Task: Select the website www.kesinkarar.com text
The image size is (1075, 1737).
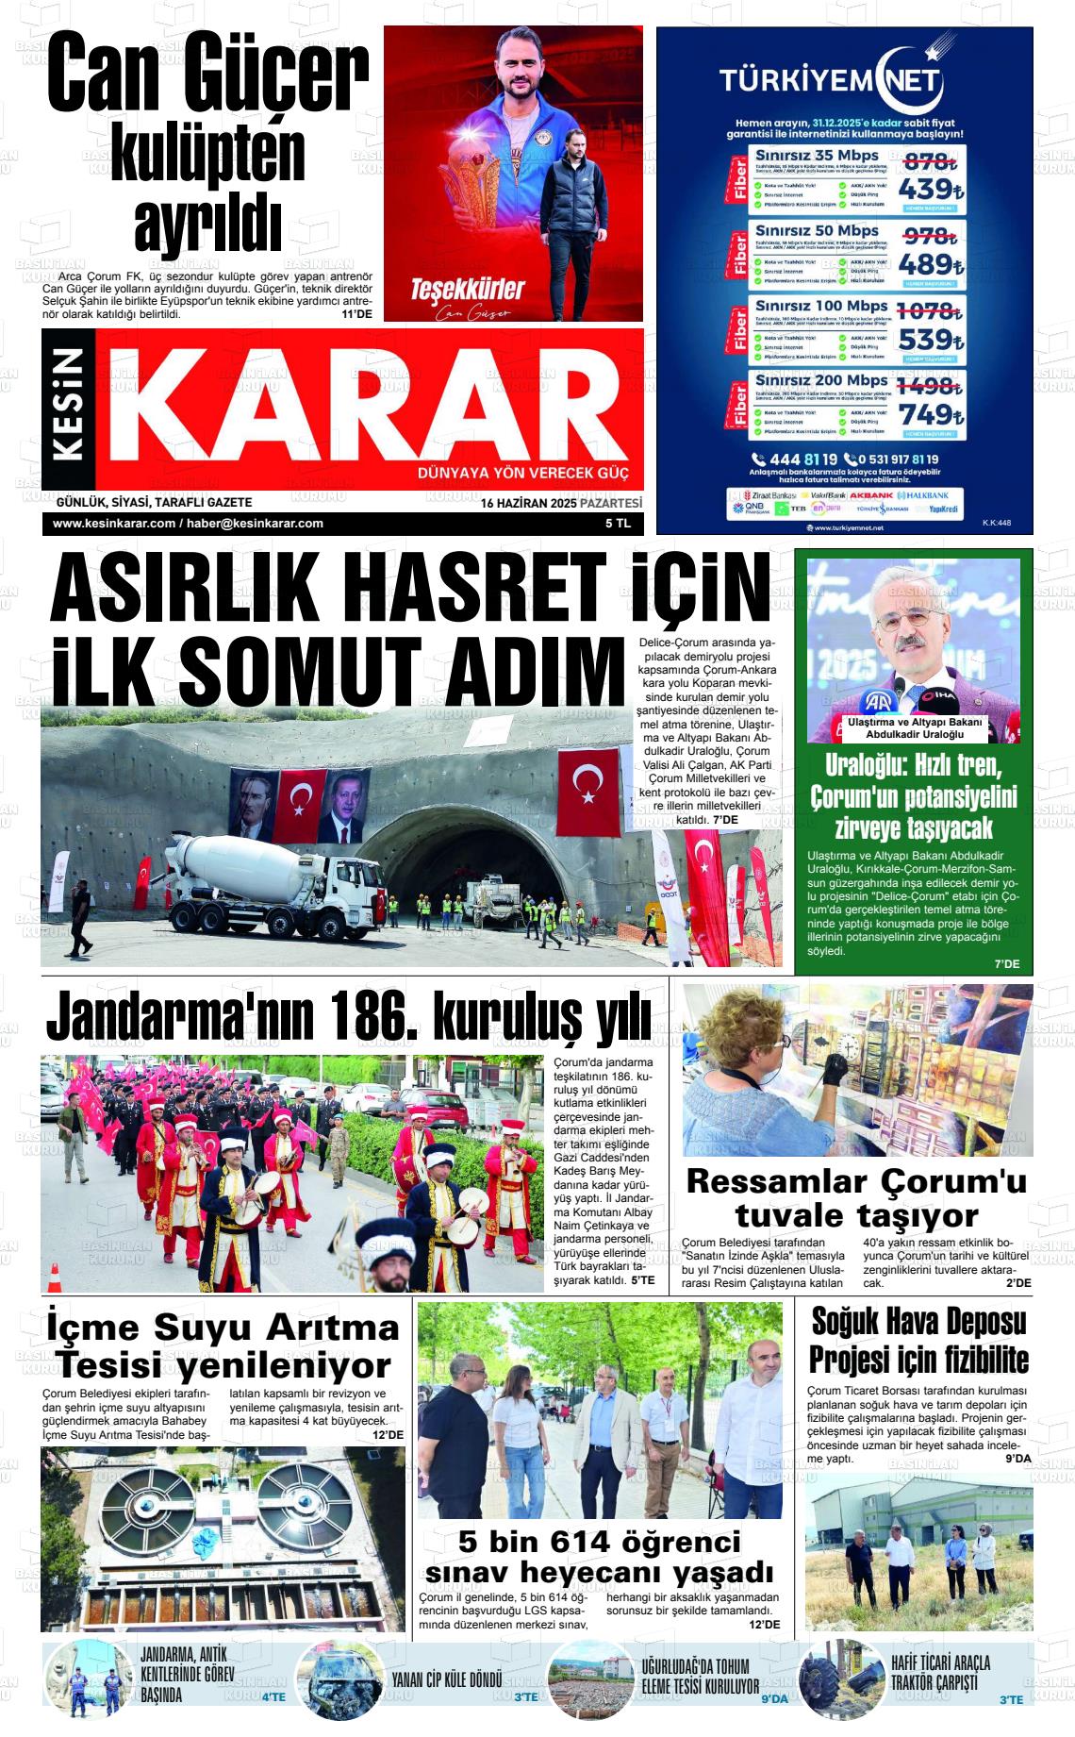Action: point(114,524)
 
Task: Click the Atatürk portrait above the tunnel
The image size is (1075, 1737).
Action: point(253,807)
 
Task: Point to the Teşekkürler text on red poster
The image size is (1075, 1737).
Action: point(466,289)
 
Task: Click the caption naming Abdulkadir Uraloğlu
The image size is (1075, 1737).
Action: point(913,728)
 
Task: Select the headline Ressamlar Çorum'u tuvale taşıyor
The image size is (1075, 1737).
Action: point(856,1197)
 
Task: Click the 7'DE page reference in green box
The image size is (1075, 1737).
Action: point(1006,963)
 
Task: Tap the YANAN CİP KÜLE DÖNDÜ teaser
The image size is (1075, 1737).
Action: point(446,1681)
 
